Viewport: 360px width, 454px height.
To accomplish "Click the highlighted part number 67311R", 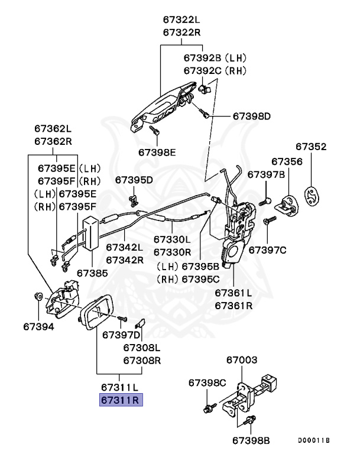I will click(120, 400).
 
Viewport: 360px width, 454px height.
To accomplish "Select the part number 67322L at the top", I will click(183, 20).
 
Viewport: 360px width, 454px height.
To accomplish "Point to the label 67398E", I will click(158, 152).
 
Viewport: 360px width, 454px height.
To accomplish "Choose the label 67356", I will click(287, 161).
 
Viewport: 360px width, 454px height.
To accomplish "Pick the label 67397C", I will click(267, 250).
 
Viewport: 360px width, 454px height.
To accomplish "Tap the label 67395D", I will click(134, 179).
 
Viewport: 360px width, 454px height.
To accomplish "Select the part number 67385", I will click(92, 273).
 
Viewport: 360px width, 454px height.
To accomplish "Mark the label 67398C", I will click(207, 383).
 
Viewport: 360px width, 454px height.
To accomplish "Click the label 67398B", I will click(251, 440).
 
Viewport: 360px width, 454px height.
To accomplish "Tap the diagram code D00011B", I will click(314, 440).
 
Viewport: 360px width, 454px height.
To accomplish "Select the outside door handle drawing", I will click(163, 106).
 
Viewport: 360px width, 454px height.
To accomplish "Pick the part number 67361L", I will click(233, 293).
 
